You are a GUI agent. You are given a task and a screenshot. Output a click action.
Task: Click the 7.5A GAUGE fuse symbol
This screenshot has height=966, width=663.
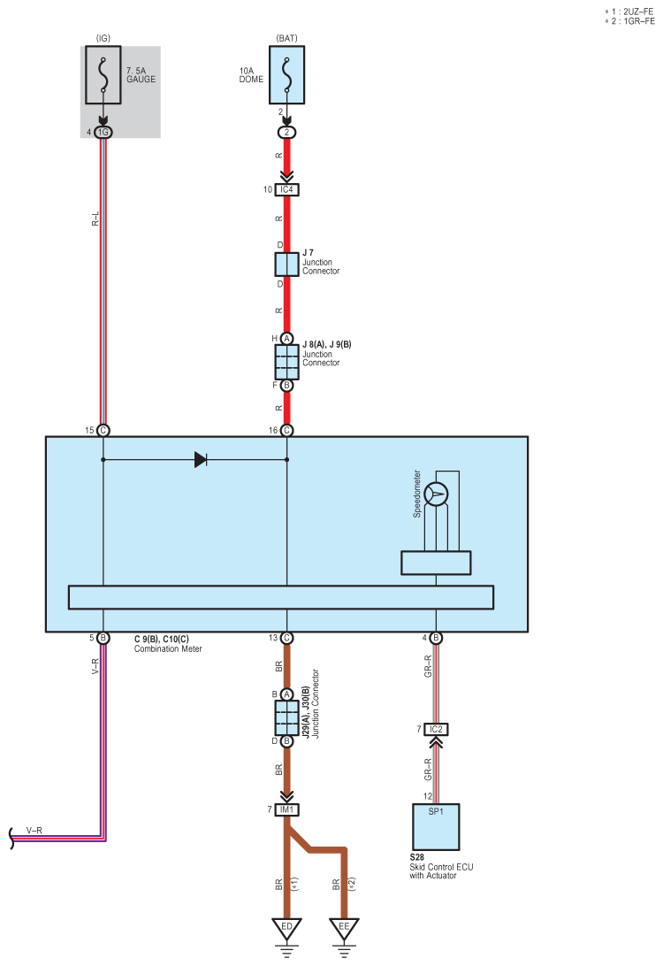coord(103,74)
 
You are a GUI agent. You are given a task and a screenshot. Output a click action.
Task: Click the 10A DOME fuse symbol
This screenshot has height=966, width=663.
coord(286,74)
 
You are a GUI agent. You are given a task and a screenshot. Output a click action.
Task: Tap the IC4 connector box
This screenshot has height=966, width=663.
coord(287,189)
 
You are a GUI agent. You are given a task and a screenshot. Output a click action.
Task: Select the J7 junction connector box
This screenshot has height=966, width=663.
coord(287,264)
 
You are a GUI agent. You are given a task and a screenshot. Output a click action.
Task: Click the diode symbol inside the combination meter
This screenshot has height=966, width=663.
coord(201,460)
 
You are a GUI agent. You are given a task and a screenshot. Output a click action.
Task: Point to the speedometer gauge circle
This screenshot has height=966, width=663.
coord(436,494)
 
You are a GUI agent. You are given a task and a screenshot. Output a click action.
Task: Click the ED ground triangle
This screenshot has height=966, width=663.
coord(287,928)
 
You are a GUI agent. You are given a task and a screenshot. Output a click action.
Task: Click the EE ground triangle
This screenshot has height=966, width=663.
coord(344,928)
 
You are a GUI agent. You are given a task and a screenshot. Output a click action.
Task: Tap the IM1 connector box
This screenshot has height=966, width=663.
coord(287,809)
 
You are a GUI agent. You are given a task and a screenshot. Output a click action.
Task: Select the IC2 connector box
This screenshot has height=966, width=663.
coord(436,730)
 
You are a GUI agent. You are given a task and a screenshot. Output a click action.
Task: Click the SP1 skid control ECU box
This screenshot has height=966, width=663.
coord(436,827)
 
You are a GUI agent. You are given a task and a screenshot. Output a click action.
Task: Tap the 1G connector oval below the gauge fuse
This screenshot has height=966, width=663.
coord(103,133)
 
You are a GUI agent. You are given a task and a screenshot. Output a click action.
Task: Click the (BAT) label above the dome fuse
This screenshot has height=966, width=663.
coord(287,38)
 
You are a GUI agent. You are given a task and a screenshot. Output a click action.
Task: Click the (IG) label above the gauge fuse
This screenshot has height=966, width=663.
coord(103,38)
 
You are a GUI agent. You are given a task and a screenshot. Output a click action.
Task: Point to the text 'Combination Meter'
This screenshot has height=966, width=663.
coord(168,648)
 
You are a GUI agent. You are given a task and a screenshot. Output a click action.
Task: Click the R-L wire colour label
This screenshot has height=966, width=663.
coord(95,218)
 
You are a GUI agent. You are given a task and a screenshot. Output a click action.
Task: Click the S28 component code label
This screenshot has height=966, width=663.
coord(416,857)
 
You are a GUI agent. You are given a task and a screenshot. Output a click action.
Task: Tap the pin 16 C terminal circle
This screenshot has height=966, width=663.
coord(287,431)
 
